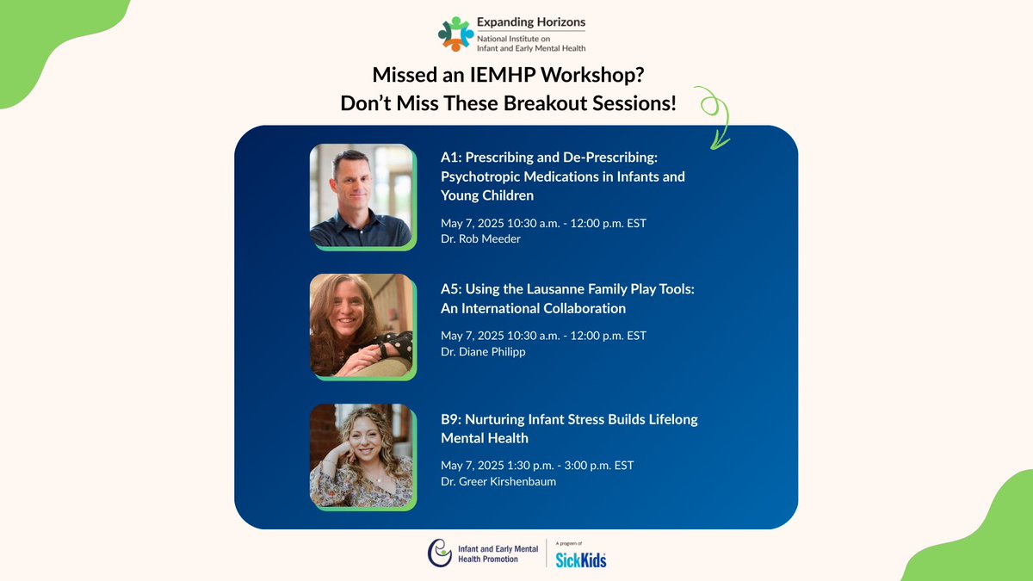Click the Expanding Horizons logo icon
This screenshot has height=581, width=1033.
pyautogui.click(x=455, y=34)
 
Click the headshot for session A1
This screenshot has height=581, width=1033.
pyautogui.click(x=362, y=196)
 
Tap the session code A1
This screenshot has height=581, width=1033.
pyautogui.click(x=450, y=158)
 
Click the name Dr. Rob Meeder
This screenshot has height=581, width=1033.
pyautogui.click(x=480, y=238)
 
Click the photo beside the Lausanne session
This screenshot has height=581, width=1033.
pyautogui.click(x=362, y=325)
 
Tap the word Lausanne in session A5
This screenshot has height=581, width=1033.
pyautogui.click(x=544, y=289)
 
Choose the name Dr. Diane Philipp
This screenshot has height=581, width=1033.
pyautogui.click(x=483, y=351)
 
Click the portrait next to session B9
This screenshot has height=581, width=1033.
pyautogui.click(x=362, y=455)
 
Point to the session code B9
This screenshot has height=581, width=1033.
pyautogui.click(x=450, y=419)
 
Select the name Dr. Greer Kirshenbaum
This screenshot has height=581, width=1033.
pyautogui.click(x=498, y=481)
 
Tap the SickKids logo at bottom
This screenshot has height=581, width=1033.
pyautogui.click(x=581, y=560)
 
